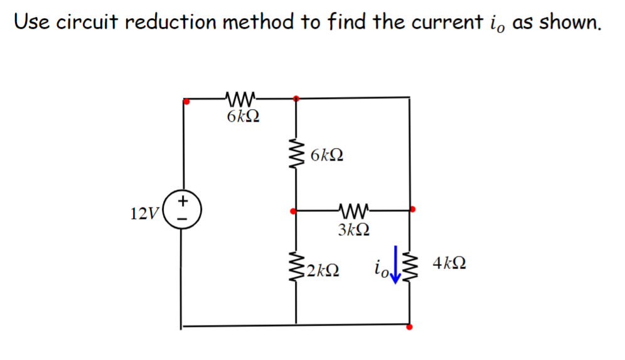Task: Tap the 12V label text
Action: (x=144, y=214)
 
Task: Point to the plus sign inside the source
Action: (x=183, y=201)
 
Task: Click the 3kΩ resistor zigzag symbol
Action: (x=353, y=211)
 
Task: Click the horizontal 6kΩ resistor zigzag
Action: (x=241, y=98)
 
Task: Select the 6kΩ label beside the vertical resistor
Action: (x=327, y=155)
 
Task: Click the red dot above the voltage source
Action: (x=185, y=100)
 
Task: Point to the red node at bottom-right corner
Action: (x=409, y=327)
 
